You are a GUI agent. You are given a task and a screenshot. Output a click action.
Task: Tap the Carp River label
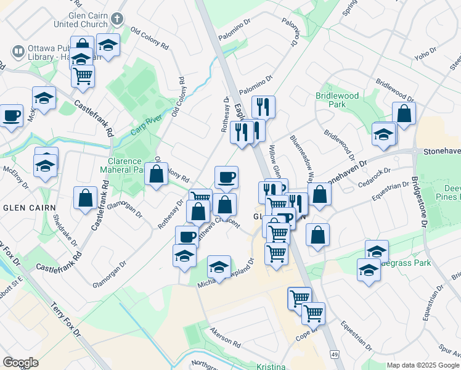pyautogui.click(x=145, y=125)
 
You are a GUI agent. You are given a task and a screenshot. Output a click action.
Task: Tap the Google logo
pyautogui.click(x=20, y=362)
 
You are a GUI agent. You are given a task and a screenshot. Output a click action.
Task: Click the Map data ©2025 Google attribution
pyautogui.click(x=422, y=365)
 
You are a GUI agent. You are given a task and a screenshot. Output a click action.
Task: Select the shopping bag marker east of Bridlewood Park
pyautogui.click(x=404, y=113)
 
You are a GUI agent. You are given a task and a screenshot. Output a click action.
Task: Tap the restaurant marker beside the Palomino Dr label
pyautogui.click(x=263, y=106)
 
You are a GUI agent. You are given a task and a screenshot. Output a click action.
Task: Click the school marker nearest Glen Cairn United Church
pyautogui.click(x=108, y=45)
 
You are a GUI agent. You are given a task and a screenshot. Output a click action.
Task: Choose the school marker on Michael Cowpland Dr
pyautogui.click(x=219, y=267)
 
